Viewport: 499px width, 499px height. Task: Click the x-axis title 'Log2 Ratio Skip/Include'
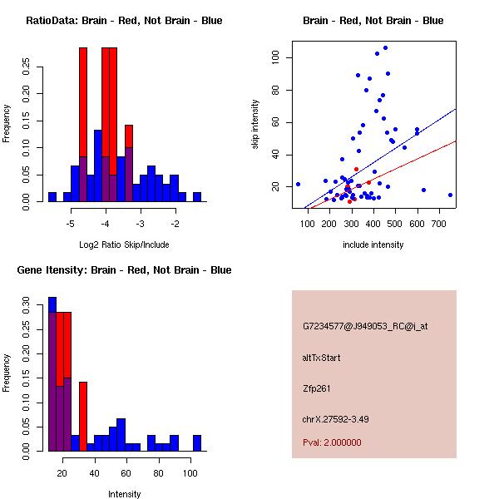(121, 245)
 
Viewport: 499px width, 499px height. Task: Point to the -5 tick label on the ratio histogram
(71, 224)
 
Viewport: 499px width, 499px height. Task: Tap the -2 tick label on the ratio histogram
(175, 224)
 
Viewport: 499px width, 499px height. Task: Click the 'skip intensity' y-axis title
(256, 126)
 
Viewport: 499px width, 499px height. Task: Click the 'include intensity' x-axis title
(373, 245)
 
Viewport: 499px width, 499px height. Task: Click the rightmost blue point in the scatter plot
(450, 195)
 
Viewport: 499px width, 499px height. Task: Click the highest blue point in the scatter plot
(385, 47)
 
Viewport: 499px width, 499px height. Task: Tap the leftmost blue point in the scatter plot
(298, 184)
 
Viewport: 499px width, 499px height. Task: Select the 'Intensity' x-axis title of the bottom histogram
(125, 494)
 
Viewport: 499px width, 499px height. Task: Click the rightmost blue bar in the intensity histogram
(197, 442)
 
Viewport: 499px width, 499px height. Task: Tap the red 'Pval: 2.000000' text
(332, 442)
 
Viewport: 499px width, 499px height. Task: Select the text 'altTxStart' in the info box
(322, 358)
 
